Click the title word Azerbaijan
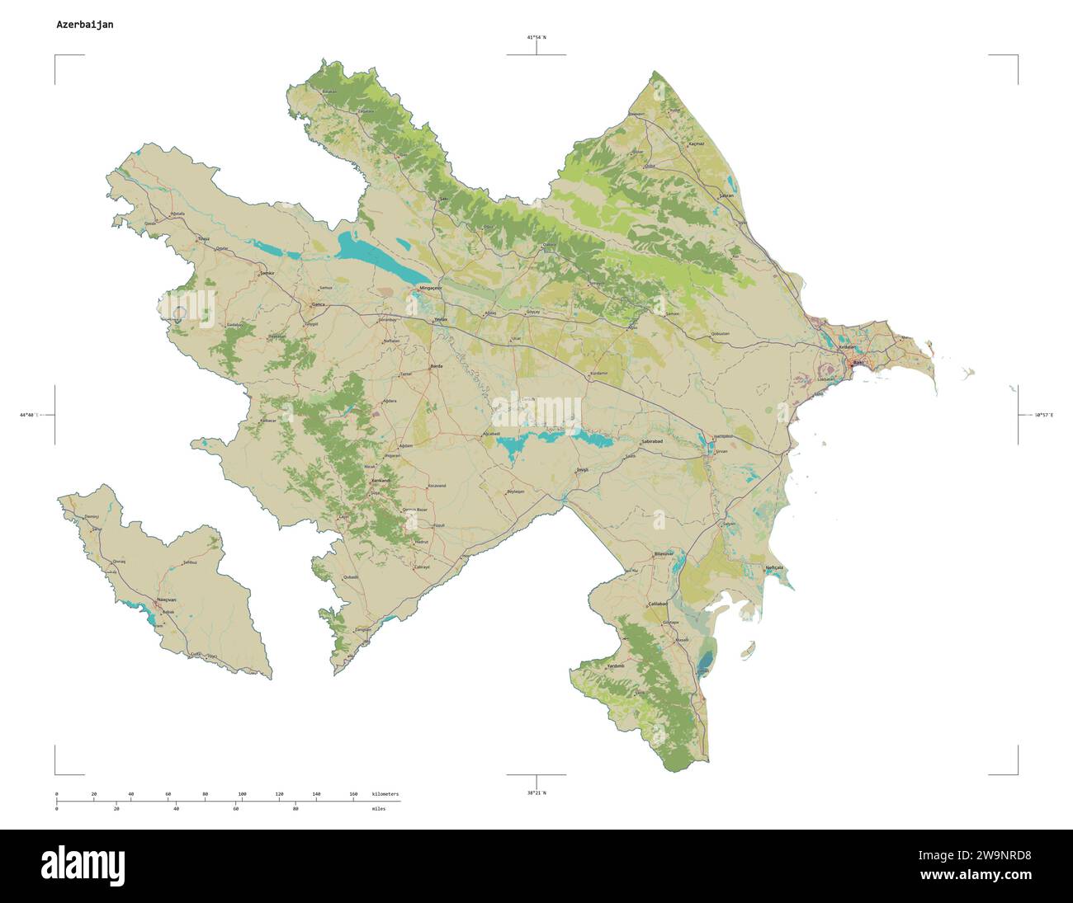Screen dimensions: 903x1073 [x=85, y=25]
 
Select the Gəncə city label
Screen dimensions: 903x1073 [x=317, y=304]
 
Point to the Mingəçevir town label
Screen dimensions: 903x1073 [x=431, y=288]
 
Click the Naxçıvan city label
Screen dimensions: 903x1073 [x=165, y=600]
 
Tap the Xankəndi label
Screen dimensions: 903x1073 [x=380, y=480]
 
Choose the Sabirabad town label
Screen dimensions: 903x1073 [x=652, y=442]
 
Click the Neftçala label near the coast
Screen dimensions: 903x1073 [x=773, y=567]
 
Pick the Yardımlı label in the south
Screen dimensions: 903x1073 [x=616, y=665]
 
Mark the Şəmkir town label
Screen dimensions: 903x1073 [x=266, y=272]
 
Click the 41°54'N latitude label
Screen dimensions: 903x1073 [x=536, y=38]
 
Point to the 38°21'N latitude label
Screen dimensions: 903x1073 [x=536, y=792]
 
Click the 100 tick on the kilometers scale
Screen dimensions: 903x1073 [x=242, y=793]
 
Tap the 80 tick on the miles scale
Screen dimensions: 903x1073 [x=295, y=809]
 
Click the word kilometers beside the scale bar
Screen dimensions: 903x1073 [x=385, y=793]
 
